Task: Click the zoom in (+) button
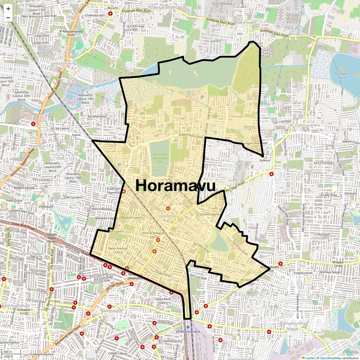[8, 9]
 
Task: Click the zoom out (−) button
[8, 18]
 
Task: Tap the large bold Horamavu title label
[175, 185]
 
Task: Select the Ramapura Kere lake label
[343, 76]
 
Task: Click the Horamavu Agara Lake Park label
[160, 158]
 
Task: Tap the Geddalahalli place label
[61, 64]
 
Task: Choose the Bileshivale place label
[246, 22]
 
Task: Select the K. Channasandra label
[305, 125]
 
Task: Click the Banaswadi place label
[111, 311]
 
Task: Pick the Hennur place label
[38, 146]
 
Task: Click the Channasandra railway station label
[188, 331]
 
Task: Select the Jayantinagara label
[210, 214]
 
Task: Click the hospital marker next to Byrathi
[110, 13]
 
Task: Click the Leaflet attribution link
[310, 358]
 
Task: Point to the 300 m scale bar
[8, 352]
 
